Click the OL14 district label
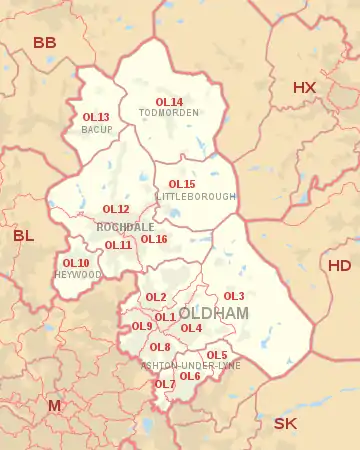click(169, 102)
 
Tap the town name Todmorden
click(169, 113)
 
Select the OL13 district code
click(96, 118)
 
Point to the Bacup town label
click(96, 130)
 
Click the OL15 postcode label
click(182, 185)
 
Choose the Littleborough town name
click(196, 197)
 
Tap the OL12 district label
click(116, 209)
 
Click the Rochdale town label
click(125, 227)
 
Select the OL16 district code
click(154, 239)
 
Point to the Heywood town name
click(72, 274)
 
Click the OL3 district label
click(234, 296)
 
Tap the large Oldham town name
click(213, 314)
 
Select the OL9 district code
click(142, 327)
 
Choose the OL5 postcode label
click(217, 355)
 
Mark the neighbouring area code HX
click(304, 88)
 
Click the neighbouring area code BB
click(45, 43)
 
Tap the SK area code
click(285, 423)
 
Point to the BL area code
click(23, 237)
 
